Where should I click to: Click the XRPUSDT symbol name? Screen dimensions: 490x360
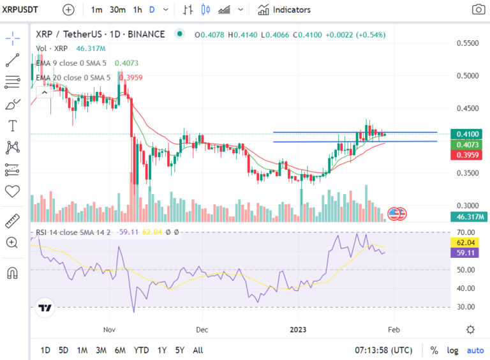click(x=20, y=10)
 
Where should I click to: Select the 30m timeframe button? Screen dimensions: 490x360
click(x=117, y=10)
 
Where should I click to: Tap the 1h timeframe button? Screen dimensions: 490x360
click(x=138, y=10)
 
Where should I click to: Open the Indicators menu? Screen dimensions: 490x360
click(x=284, y=10)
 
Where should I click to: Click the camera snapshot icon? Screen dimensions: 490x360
click(x=478, y=10)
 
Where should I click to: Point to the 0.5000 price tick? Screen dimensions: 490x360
click(x=468, y=75)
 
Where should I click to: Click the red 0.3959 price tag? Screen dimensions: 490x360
click(x=466, y=155)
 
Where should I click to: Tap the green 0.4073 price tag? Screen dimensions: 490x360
click(x=466, y=145)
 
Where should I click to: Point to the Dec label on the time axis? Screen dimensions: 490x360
click(x=202, y=330)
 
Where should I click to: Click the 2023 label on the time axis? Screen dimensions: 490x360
click(x=298, y=330)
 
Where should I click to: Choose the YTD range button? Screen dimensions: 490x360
click(x=141, y=350)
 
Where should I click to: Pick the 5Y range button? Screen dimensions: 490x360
click(x=180, y=350)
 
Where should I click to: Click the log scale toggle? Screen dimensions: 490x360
click(x=452, y=350)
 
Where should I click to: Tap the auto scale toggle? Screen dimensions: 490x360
click(x=475, y=350)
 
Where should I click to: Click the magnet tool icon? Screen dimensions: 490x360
click(x=12, y=273)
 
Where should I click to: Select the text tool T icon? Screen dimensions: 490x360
click(x=13, y=126)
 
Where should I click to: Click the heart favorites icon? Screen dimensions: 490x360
click(x=13, y=191)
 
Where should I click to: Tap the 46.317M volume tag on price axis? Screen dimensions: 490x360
click(x=468, y=216)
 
